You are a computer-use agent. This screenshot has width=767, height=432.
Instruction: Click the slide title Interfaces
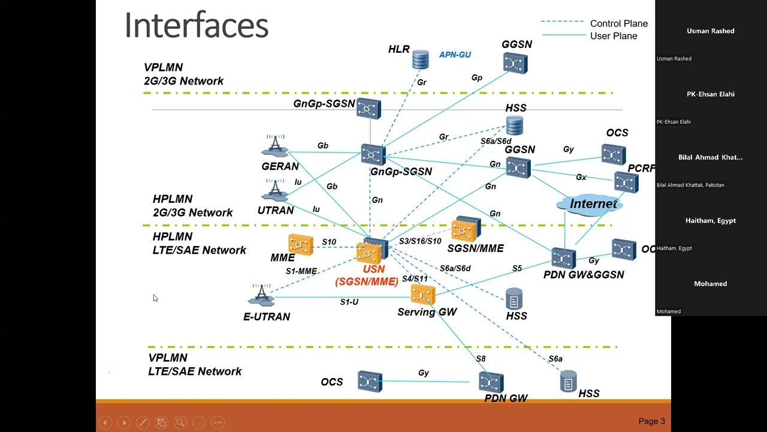coord(197,26)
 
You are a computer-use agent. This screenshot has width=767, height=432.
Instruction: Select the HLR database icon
coord(420,59)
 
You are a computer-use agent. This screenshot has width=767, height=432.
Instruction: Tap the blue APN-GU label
coord(455,55)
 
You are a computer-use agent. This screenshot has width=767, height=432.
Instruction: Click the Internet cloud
coord(593,204)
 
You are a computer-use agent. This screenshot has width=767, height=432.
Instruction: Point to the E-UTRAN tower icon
coord(261,295)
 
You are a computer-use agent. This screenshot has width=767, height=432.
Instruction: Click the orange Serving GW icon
coord(423,295)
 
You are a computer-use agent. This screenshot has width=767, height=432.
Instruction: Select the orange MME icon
coord(300,244)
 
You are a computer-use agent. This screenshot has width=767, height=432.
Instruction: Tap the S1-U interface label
coord(349,302)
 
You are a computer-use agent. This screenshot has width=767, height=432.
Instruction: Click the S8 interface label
coord(481,359)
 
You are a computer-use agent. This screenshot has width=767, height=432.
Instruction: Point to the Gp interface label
coord(476,77)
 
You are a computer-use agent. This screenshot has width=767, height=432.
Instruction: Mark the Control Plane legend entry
coord(618,23)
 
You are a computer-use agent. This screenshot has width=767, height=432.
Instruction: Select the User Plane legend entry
coord(613,36)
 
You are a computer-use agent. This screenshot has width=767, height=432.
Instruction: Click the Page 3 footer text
coord(651,421)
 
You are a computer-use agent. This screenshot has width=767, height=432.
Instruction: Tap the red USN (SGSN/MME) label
coord(367,275)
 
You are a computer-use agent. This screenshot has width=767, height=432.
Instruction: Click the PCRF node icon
coord(626,182)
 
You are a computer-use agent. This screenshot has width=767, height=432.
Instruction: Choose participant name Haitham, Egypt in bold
coord(710,221)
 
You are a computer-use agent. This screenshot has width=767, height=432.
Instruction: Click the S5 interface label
coord(517,268)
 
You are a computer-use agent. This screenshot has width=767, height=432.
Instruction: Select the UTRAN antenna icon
coord(275,190)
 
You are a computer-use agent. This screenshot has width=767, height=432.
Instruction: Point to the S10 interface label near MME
coord(329,242)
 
